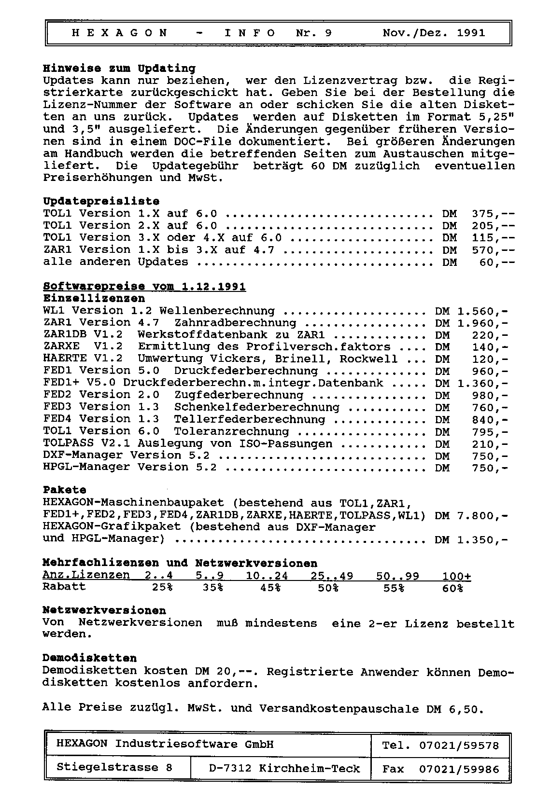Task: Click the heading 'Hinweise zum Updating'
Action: coord(119,69)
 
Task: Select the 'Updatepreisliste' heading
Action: coord(101,201)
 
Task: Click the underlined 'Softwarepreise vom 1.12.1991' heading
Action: coord(144,287)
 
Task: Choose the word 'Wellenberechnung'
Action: coord(217,311)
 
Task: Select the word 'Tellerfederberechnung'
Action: coord(249,419)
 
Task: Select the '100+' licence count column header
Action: coord(457,576)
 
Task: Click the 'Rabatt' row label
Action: coord(64,587)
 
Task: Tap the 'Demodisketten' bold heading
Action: coord(90,658)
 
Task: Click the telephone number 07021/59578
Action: coord(459,746)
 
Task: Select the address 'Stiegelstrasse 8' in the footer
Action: coord(114,767)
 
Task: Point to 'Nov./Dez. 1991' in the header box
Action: coord(434,33)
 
